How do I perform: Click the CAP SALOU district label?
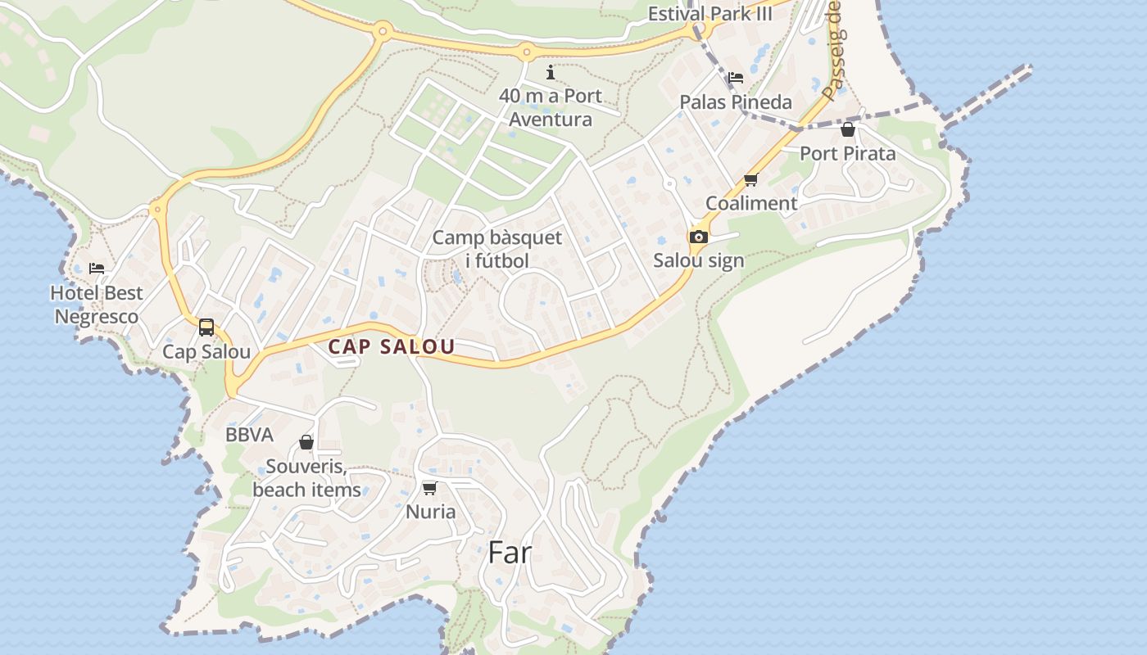click(x=391, y=347)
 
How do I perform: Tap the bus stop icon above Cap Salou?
click(x=206, y=327)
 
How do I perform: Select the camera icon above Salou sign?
click(x=699, y=237)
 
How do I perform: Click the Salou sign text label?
click(x=699, y=260)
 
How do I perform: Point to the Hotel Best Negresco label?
click(x=97, y=305)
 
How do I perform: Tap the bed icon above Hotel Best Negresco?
click(x=97, y=269)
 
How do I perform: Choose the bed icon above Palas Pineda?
click(x=736, y=78)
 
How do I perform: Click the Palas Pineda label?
click(x=736, y=102)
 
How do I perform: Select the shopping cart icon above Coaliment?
click(x=750, y=180)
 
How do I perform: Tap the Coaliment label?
click(x=751, y=203)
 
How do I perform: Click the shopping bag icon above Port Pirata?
click(x=848, y=129)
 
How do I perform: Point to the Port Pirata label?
click(x=848, y=153)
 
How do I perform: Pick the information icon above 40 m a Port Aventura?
click(x=551, y=72)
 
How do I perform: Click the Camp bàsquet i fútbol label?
click(x=497, y=249)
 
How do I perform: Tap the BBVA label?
click(x=249, y=435)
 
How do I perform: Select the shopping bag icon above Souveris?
click(x=306, y=442)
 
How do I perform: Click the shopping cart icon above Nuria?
click(x=429, y=488)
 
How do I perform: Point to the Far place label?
click(x=510, y=553)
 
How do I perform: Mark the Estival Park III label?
click(x=710, y=14)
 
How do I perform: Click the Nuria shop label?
click(x=431, y=512)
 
